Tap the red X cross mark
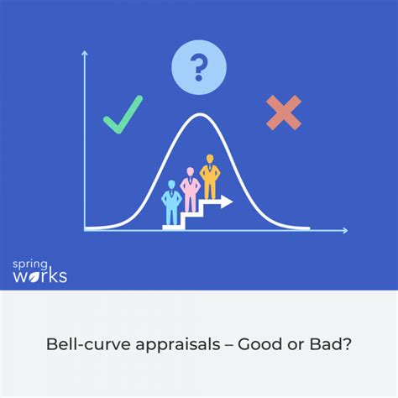pos(284,113)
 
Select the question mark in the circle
pos(199,67)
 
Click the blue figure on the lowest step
pos(171,202)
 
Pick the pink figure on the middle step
pos(190,190)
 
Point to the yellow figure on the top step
pos(210,177)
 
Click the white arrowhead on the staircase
pos(227,202)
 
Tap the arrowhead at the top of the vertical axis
pos(85,53)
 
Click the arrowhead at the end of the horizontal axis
pos(345,230)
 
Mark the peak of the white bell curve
pos(200,113)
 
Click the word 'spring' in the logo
pos(30,264)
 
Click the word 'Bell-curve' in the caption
pos(88,344)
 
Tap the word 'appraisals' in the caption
pos(178,345)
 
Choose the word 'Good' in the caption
pos(260,344)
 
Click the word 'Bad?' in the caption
pos(330,344)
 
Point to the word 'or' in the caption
pos(296,346)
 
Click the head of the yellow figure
pos(210,159)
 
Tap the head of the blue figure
pos(171,185)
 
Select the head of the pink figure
pos(190,171)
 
